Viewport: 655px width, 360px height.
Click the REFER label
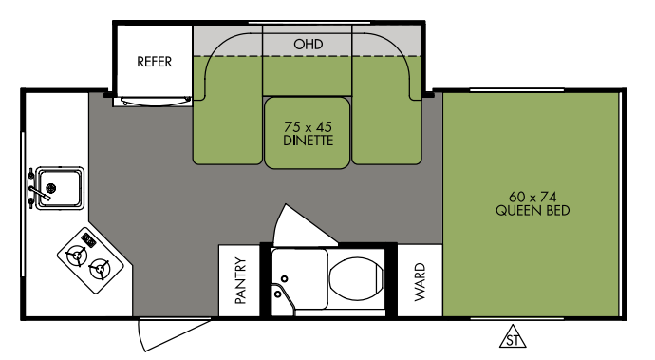[x=154, y=62]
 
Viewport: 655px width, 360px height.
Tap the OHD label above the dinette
[x=308, y=45]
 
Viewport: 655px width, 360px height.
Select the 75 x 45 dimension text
[x=308, y=126]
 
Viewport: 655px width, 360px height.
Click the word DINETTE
[x=308, y=141]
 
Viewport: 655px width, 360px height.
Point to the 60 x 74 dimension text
[x=533, y=197]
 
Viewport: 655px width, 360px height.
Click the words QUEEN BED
[x=533, y=210]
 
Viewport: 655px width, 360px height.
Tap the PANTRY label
[x=240, y=280]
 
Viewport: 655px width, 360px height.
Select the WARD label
[x=420, y=282]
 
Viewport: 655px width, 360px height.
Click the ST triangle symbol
[x=513, y=336]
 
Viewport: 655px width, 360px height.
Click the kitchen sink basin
[x=60, y=188]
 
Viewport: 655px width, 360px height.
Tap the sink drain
[x=51, y=188]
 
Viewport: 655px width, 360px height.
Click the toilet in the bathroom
[x=356, y=278]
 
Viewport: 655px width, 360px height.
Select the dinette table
[x=307, y=133]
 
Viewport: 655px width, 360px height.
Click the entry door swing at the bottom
[x=174, y=334]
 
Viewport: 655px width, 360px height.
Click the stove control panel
[x=89, y=240]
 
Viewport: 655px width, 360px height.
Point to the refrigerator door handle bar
[x=155, y=102]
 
